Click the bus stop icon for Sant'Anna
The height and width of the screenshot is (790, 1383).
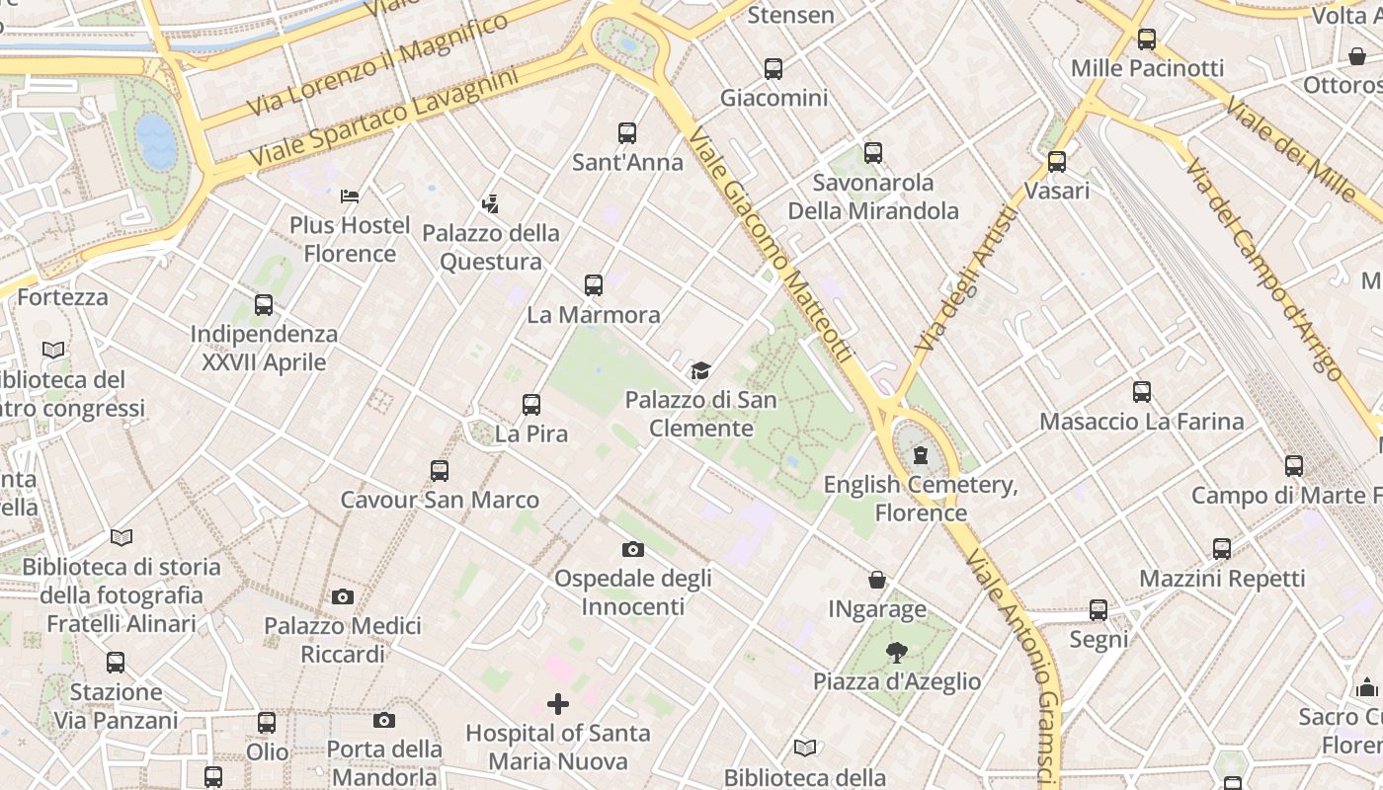pos(627,133)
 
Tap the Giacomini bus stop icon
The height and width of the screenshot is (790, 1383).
pos(773,69)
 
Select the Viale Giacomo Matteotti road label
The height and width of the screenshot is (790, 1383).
pos(770,247)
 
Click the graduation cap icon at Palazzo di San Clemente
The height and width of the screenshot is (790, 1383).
pos(700,371)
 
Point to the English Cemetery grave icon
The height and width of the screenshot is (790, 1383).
pos(921,455)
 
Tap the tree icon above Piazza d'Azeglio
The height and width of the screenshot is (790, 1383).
pos(896,652)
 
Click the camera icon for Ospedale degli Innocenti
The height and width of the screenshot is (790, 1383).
pos(633,549)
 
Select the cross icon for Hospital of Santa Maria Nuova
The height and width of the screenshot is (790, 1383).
pos(558,704)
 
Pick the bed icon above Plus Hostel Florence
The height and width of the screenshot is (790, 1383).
pos(349,197)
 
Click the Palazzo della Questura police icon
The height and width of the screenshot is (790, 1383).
pos(490,204)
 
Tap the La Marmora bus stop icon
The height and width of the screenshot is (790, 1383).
pos(594,285)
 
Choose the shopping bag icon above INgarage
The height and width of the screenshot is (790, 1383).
pos(877,580)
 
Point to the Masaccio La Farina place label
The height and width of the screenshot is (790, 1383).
pos(1141,422)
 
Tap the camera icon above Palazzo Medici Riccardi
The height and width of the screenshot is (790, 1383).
pos(343,596)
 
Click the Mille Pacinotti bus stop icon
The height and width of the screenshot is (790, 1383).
pos(1147,39)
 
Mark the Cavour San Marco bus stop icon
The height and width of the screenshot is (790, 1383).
pos(440,471)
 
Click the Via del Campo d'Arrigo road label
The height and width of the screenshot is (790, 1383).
pos(1263,268)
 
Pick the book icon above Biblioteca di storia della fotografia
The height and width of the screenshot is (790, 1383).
pos(122,537)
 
